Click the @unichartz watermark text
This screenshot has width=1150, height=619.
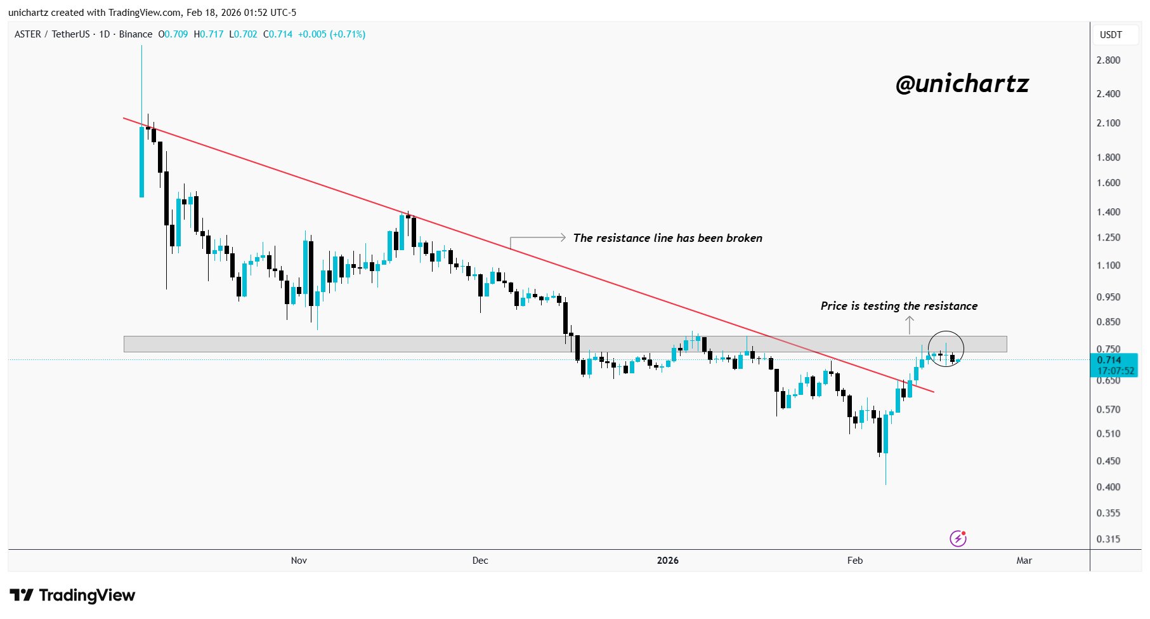(962, 84)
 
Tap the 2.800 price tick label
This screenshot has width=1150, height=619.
(1108, 60)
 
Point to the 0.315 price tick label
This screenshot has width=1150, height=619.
(1108, 539)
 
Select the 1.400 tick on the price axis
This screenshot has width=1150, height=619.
(1108, 212)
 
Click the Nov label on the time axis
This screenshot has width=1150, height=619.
(299, 560)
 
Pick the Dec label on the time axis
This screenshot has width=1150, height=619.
(480, 560)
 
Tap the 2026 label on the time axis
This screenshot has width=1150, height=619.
(667, 560)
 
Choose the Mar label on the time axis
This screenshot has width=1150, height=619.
(1024, 560)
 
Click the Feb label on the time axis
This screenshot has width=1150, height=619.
(854, 560)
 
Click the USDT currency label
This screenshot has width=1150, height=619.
(1111, 35)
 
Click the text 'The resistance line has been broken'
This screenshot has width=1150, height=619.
(667, 238)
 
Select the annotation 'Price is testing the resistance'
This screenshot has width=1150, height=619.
(899, 306)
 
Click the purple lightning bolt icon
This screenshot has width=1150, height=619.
(958, 538)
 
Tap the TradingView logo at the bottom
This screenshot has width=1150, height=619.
(72, 595)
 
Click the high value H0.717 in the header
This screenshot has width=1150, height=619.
(209, 34)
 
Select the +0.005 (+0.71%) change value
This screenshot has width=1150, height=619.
(332, 34)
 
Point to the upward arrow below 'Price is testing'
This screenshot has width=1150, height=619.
(910, 324)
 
